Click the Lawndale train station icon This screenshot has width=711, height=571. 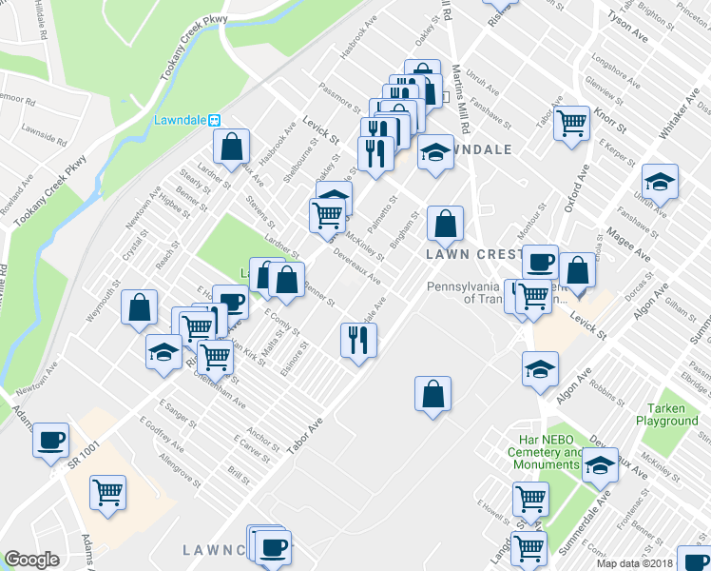[215, 121]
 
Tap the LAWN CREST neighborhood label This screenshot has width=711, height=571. [471, 255]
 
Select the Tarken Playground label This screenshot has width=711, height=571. [667, 414]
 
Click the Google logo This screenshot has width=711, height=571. [31, 560]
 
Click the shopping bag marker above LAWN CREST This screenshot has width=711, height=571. [445, 225]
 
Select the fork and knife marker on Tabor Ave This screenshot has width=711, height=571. [358, 339]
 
